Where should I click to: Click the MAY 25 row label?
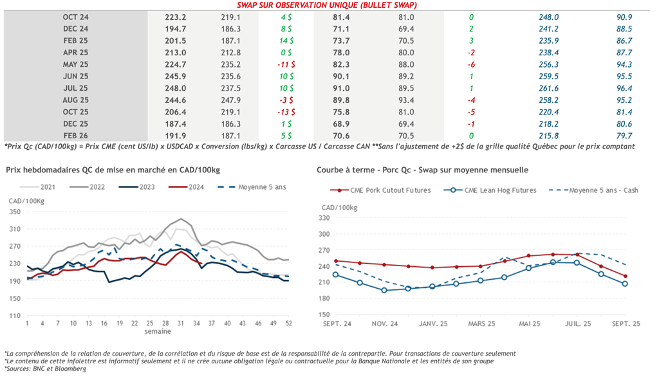[x=75, y=64]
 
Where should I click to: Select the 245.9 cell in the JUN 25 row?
[x=176, y=76]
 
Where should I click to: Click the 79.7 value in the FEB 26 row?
[x=624, y=135]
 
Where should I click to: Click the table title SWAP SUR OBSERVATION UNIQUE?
[x=327, y=5]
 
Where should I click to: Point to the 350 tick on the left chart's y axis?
[x=14, y=212]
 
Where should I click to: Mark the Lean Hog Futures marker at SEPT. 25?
[x=624, y=284]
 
